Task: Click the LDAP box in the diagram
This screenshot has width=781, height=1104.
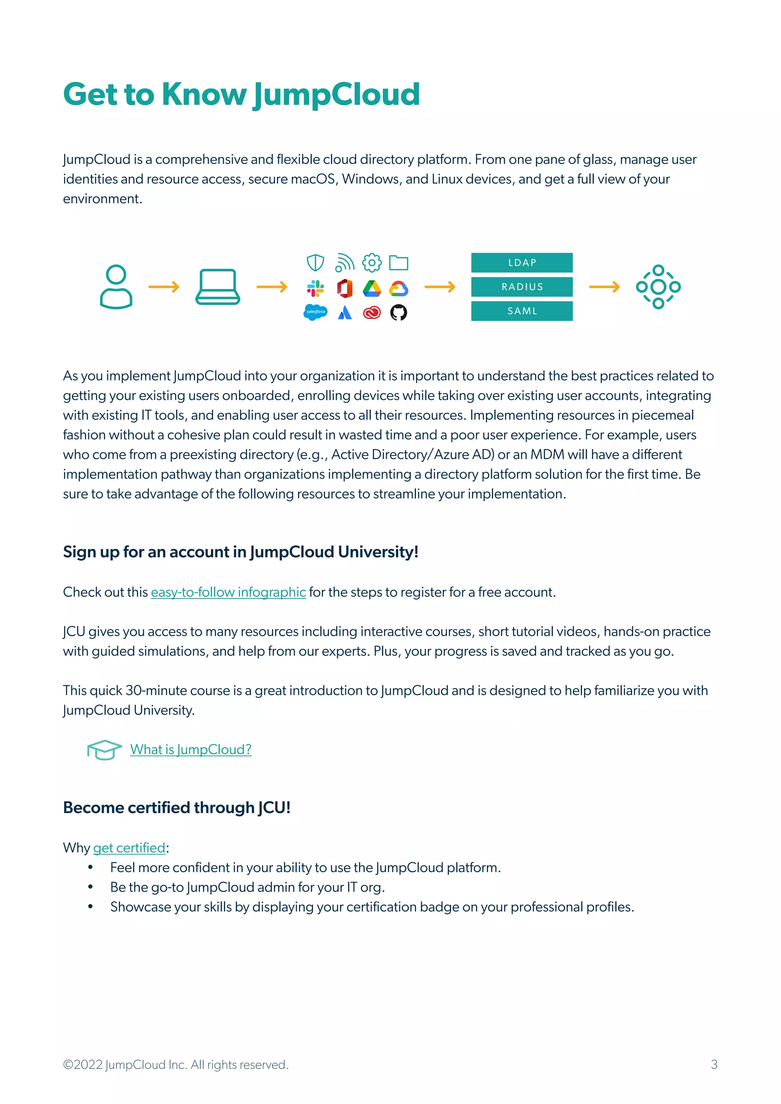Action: [x=521, y=263]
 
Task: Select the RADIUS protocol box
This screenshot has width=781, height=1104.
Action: [x=521, y=287]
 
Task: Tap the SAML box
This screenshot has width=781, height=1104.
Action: [x=521, y=311]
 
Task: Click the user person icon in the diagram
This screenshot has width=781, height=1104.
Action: [x=116, y=287]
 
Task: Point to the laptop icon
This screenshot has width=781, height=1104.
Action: [x=217, y=287]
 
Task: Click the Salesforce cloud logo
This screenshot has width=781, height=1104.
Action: [x=315, y=312]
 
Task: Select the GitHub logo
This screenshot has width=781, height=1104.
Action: [x=398, y=313]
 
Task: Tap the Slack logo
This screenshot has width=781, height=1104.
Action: [x=315, y=288]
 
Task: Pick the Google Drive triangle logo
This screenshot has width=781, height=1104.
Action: [x=371, y=288]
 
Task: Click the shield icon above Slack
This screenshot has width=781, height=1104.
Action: [x=315, y=263]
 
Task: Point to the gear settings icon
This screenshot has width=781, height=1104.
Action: [x=371, y=263]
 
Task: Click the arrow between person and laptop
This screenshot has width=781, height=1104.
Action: [x=164, y=287]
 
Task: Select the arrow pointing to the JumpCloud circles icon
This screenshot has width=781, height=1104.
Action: [x=604, y=287]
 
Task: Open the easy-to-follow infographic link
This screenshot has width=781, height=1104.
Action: [x=228, y=592]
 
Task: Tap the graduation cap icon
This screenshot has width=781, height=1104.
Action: [x=104, y=749]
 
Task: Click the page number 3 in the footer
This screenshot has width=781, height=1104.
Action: [x=714, y=1065]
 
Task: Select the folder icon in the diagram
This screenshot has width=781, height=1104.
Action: [x=398, y=263]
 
